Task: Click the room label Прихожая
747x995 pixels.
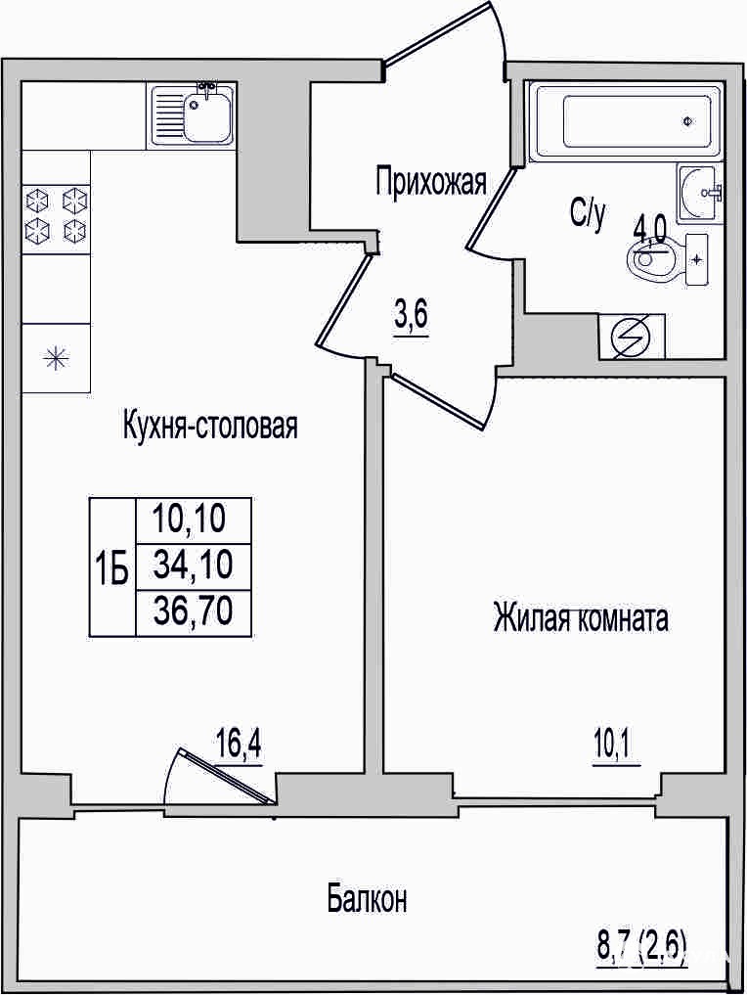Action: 430,183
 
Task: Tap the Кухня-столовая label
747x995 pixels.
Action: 210,426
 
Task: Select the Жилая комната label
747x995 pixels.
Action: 580,618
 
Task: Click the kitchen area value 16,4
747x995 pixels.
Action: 240,745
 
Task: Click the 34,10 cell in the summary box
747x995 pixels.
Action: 194,565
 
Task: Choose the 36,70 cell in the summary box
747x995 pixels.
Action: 194,611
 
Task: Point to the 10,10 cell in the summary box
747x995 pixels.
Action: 189,520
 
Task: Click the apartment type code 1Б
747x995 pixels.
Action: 111,568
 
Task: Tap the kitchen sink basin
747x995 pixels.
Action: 207,117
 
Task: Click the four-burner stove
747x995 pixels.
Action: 56,216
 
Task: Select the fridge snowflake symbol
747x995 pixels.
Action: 56,358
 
